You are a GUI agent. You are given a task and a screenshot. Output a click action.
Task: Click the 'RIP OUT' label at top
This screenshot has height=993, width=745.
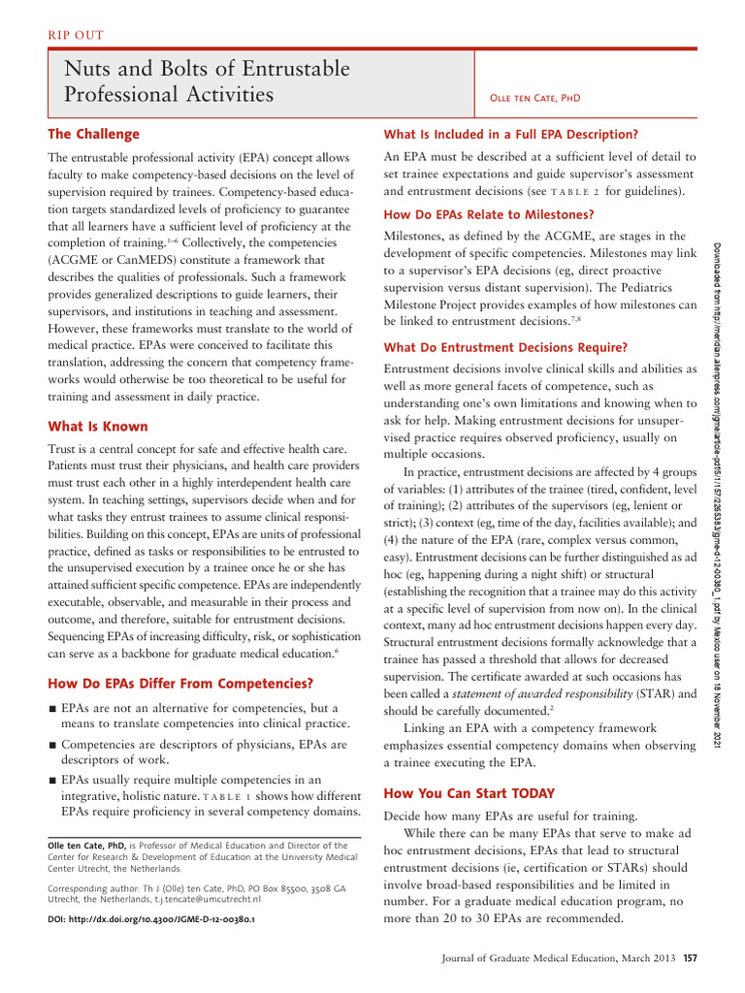click(x=76, y=36)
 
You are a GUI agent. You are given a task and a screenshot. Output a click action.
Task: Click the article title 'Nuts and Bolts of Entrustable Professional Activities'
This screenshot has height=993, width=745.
click(x=207, y=82)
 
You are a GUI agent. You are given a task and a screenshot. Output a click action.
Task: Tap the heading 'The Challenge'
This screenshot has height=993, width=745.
click(x=94, y=134)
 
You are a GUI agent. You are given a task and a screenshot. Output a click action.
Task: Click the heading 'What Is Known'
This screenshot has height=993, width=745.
click(x=98, y=426)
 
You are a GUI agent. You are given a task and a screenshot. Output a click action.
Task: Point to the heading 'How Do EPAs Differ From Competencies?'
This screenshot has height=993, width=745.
click(x=180, y=684)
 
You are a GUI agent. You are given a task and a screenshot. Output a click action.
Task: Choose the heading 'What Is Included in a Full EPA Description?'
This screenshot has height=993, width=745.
click(x=511, y=134)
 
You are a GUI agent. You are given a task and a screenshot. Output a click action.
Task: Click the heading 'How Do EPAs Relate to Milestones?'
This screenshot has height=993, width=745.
click(x=489, y=214)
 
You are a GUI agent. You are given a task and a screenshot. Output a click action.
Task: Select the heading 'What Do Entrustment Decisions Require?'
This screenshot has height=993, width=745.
click(x=505, y=347)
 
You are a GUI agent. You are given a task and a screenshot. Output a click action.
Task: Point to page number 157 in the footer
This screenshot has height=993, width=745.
click(x=690, y=960)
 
